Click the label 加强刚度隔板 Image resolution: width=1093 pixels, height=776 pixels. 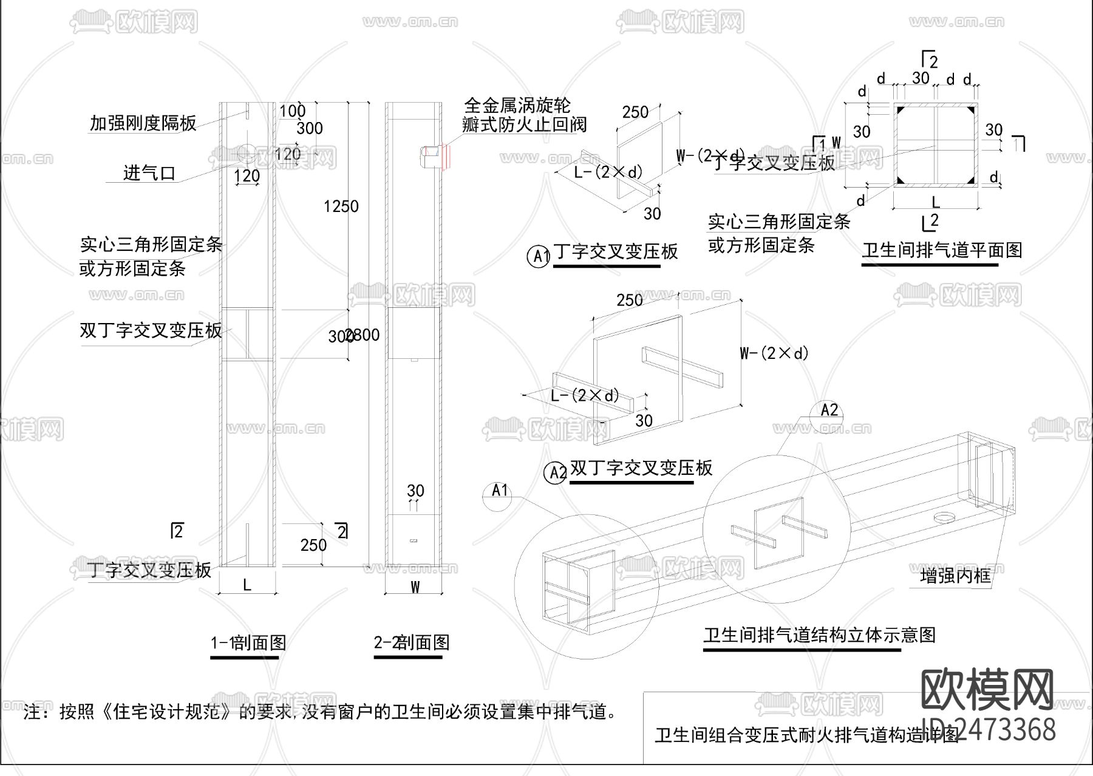(x=143, y=123)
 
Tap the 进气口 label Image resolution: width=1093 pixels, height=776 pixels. (x=149, y=174)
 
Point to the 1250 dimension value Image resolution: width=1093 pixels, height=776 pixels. (x=341, y=206)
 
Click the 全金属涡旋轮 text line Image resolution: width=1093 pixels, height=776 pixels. (x=517, y=105)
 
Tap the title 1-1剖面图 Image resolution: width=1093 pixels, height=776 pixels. (x=248, y=642)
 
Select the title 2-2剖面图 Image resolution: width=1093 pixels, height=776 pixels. (x=412, y=642)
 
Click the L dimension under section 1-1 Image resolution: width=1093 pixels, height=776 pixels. (x=247, y=585)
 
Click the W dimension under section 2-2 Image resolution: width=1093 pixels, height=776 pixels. (x=415, y=587)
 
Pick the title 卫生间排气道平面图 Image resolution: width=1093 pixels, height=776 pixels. (x=942, y=250)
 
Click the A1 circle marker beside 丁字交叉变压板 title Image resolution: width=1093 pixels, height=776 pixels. (x=539, y=256)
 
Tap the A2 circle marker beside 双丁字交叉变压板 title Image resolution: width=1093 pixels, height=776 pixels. (x=557, y=472)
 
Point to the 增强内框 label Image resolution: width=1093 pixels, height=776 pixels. (x=955, y=576)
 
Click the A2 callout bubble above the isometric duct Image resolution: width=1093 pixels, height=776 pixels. (x=829, y=410)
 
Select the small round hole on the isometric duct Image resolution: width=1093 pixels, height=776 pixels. (x=943, y=517)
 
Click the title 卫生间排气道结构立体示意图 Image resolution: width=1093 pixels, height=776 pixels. (x=819, y=635)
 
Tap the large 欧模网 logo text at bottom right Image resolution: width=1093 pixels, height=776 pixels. (x=987, y=690)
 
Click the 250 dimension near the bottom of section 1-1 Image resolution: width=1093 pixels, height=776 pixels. (x=313, y=545)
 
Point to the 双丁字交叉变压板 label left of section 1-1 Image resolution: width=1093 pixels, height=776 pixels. (x=151, y=330)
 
